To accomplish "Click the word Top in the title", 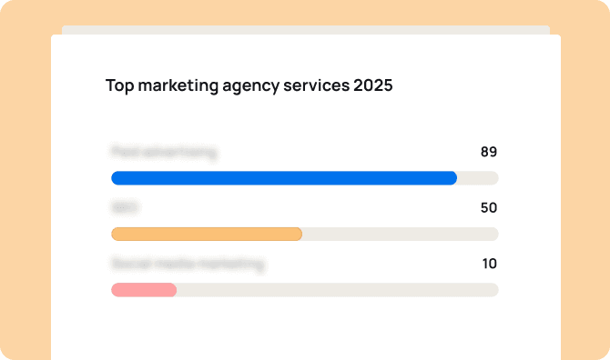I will pos(118,86).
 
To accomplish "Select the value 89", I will pos(489,152).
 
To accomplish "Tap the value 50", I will pos(489,208).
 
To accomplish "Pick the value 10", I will pos(489,264).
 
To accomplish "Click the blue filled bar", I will pos(283,178).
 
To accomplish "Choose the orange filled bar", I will pos(206,235).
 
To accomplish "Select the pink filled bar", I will pos(143,290).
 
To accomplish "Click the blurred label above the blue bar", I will pos(164,153).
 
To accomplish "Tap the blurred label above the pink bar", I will pos(188,265).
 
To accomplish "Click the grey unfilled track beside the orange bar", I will pos(401,235).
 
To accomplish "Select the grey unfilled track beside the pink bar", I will pos(337,290).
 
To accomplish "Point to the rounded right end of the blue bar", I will pos(452,178).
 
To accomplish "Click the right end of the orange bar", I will pos(299,235).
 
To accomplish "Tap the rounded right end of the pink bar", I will pos(172,290).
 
